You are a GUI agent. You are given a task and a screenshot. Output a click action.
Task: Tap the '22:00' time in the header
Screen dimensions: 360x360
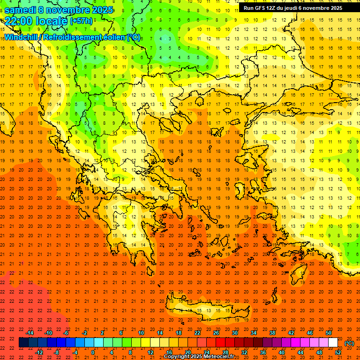click(18, 21)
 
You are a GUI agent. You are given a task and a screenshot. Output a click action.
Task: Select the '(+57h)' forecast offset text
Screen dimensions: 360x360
click(82, 22)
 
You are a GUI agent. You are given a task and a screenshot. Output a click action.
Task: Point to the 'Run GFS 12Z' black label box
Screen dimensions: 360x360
click(292, 8)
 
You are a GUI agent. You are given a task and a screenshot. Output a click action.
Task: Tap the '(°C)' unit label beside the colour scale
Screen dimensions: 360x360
click(349, 343)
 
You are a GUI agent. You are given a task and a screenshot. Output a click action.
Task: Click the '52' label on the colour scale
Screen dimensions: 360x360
click(338, 352)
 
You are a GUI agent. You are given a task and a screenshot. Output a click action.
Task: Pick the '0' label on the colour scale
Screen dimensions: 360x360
click(93, 352)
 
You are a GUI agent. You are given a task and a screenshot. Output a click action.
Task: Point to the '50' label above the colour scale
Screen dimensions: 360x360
click(329, 333)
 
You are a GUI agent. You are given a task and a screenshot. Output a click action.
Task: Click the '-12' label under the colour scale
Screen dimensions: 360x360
click(39, 352)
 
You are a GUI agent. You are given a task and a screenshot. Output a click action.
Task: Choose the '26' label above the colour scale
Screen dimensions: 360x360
click(216, 333)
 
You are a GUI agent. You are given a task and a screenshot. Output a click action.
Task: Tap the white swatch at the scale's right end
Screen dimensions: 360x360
click(333, 343)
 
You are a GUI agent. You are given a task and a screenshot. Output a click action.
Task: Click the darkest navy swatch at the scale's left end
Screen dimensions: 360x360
click(23, 343)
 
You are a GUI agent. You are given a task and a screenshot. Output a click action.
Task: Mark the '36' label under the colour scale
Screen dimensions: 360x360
click(263, 352)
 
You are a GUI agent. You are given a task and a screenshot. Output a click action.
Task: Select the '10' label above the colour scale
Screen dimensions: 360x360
click(141, 333)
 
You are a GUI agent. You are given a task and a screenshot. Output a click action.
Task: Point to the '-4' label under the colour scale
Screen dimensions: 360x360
click(75, 352)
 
